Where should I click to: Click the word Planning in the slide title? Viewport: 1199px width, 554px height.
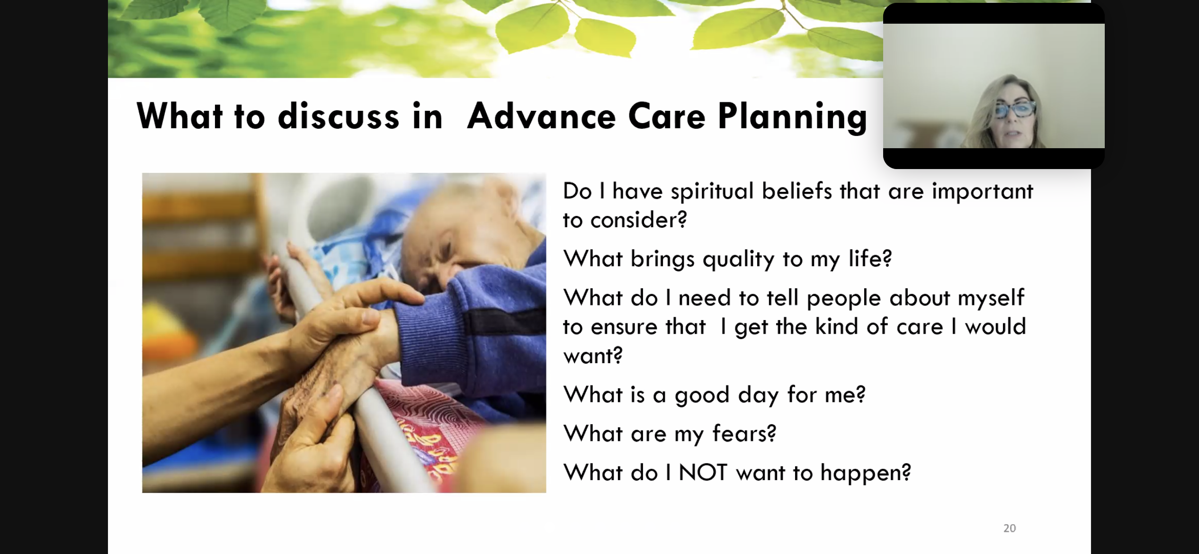[792, 117]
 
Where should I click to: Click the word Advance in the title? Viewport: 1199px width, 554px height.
[541, 116]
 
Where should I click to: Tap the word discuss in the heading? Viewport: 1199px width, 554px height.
[339, 116]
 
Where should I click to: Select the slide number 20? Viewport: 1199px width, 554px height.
[1010, 528]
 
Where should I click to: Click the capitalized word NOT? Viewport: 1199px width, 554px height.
[703, 473]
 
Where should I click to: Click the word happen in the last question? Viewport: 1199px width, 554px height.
[866, 473]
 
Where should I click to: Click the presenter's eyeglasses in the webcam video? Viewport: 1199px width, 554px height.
[1014, 110]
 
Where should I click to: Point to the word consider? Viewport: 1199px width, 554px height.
[638, 220]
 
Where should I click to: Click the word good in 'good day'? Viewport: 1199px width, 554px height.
[702, 395]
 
